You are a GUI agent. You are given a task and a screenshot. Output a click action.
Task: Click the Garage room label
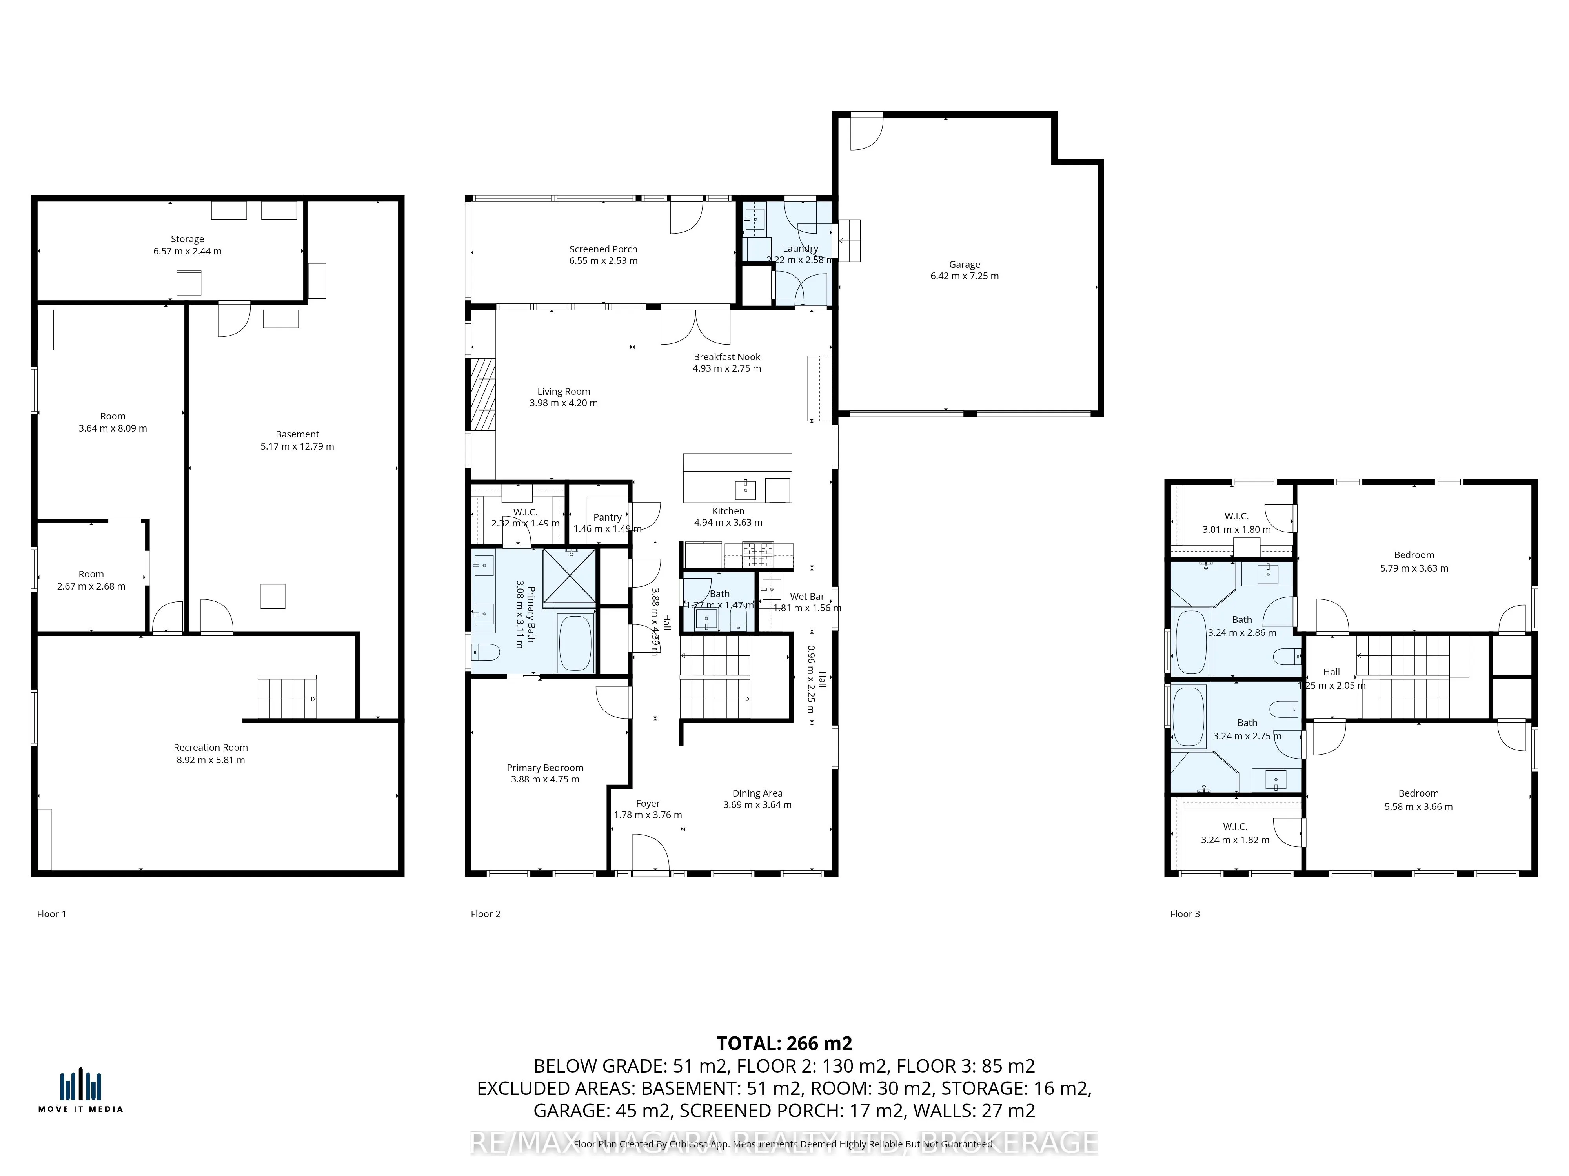coord(964,265)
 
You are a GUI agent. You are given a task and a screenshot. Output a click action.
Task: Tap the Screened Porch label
coord(603,249)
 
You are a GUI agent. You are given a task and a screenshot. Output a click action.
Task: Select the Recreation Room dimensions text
coord(211,760)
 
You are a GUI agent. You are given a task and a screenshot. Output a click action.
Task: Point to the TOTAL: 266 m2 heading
coord(784,1044)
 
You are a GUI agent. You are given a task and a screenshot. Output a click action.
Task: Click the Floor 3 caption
coord(1185,914)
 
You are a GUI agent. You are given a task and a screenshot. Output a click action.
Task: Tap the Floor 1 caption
coord(51,914)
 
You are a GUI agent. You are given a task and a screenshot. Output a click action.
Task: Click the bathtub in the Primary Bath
coord(575,643)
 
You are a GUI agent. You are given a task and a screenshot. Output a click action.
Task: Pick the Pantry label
coord(607,517)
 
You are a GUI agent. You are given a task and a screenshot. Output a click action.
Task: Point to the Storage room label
coord(187,239)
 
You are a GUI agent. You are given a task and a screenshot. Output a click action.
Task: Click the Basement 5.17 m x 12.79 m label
coord(297,439)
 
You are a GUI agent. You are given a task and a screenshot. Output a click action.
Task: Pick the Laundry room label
coord(800,248)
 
